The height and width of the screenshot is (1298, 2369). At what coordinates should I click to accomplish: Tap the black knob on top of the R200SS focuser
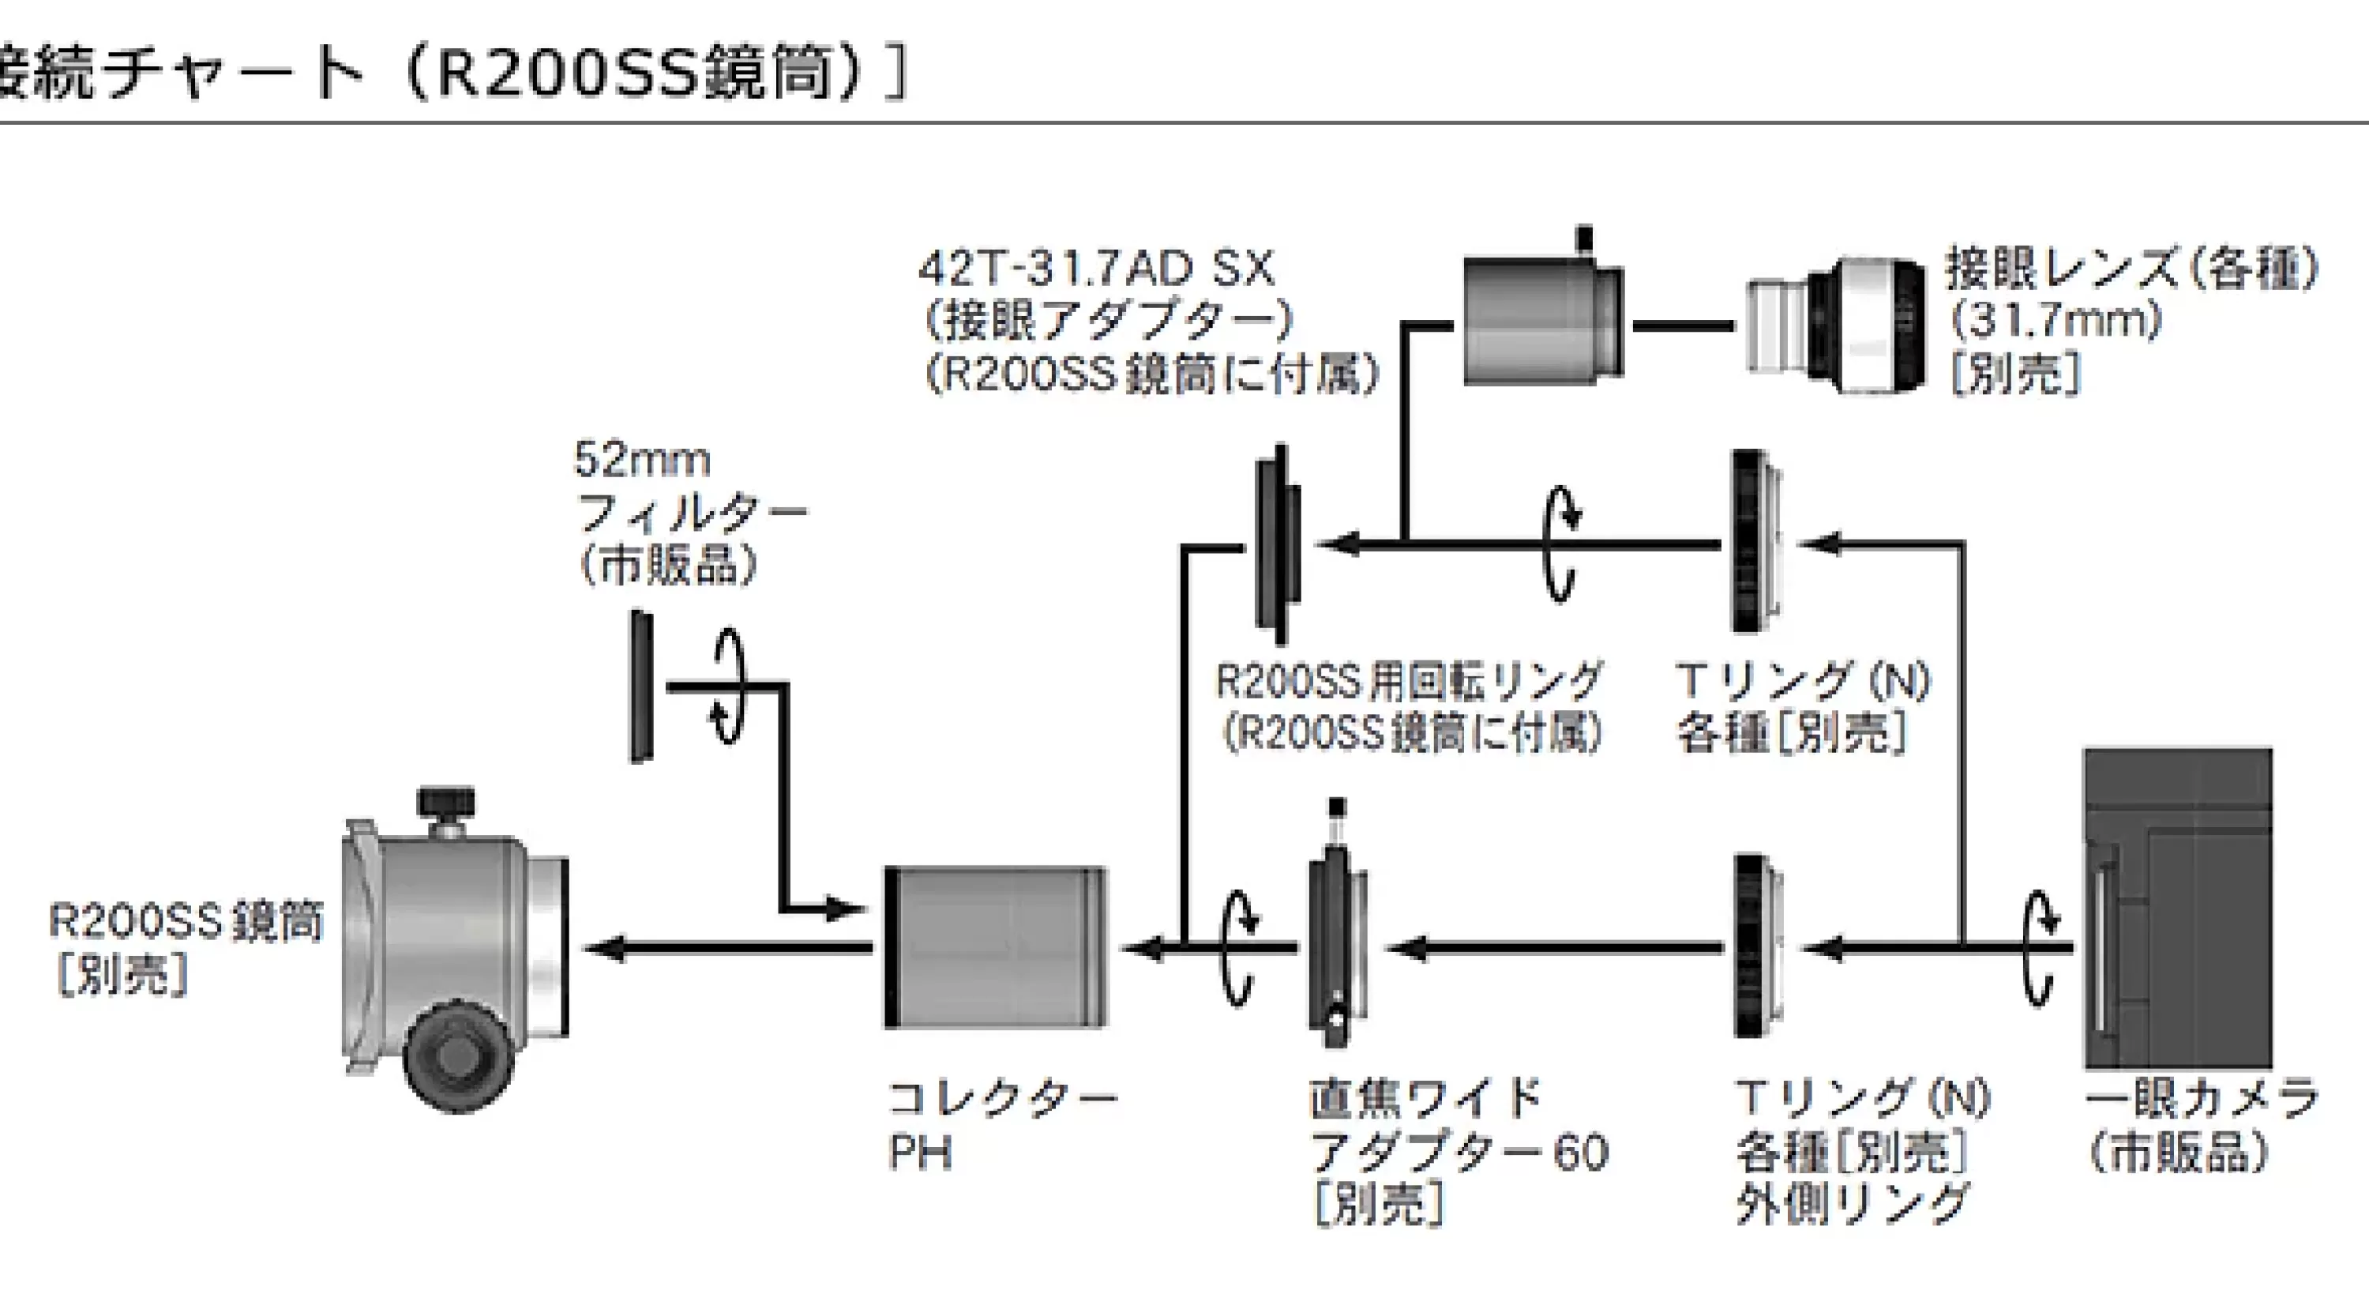coord(446,802)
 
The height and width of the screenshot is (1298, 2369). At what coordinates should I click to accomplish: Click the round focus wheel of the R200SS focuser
coord(457,1057)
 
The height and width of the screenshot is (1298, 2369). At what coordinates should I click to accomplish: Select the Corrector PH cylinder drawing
coord(996,947)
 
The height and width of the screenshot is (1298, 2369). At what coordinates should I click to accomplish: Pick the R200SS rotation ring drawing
coord(1279,544)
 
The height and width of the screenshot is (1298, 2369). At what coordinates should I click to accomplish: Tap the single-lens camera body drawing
coord(2178,908)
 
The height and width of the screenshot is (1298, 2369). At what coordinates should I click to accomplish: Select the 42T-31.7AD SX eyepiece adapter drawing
coord(1543,313)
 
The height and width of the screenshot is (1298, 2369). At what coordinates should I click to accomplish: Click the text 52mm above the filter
coord(643,459)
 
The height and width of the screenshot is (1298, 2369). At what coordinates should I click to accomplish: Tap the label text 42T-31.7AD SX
coord(1097,269)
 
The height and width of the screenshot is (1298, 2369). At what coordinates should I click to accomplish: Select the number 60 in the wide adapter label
coord(1581,1153)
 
